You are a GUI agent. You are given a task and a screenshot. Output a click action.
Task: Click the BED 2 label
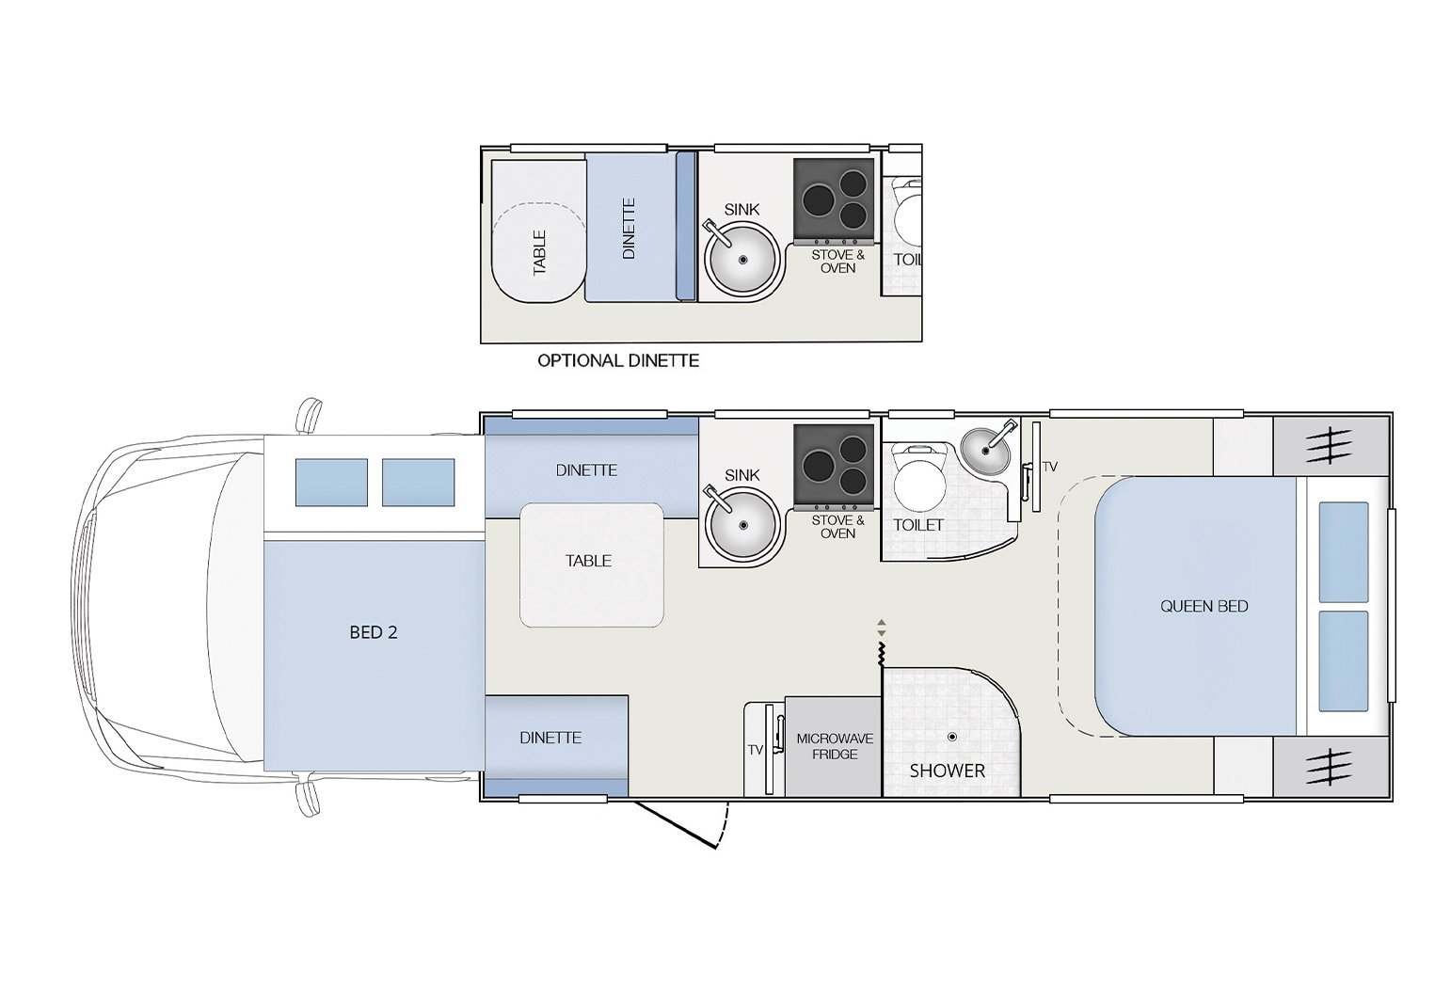tap(373, 632)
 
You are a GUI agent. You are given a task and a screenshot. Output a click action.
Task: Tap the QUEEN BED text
tap(1204, 606)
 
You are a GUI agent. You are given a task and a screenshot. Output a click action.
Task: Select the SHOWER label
tap(947, 771)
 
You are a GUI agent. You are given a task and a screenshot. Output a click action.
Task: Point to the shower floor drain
tap(952, 737)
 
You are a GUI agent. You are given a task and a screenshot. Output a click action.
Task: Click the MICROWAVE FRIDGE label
tap(834, 746)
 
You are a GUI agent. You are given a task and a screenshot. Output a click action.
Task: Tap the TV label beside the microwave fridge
tap(755, 750)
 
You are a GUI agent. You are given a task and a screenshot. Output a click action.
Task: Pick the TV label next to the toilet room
tap(1050, 467)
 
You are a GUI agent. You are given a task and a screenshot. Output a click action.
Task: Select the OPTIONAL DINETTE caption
tap(617, 360)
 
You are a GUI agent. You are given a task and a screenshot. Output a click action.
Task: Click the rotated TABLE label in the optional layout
tap(539, 252)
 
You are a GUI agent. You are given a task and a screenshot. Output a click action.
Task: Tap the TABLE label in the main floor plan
tap(588, 561)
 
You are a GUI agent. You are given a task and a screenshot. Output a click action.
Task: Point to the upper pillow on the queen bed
tap(1343, 551)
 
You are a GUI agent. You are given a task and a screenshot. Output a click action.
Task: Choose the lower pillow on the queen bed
tap(1343, 660)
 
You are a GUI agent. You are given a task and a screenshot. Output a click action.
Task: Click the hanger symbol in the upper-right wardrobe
tap(1329, 445)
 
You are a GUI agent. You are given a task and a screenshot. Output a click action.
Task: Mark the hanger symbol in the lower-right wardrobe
tap(1329, 766)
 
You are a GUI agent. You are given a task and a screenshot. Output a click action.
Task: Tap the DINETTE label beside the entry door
tap(550, 738)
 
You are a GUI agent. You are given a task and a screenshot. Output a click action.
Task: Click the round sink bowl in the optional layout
tap(742, 260)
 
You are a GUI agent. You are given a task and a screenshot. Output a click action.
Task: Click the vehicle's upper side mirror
tap(309, 415)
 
